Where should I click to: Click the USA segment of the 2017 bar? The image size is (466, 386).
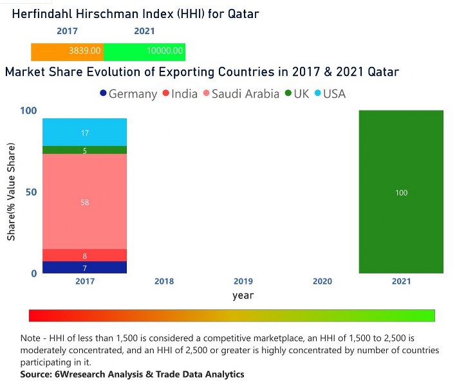click(84, 133)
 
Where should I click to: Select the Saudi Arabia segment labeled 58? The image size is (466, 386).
click(84, 202)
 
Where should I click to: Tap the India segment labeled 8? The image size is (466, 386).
click(84, 255)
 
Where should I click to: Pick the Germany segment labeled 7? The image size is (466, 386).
click(84, 268)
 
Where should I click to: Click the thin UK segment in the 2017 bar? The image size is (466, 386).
click(84, 151)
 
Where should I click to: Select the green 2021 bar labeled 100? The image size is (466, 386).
click(401, 192)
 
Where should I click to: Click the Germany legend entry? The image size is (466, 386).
click(129, 94)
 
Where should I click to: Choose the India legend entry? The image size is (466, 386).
click(180, 94)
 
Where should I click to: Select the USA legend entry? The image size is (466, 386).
click(329, 94)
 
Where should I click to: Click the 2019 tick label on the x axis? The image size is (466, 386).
click(243, 281)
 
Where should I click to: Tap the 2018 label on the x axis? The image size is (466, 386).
click(163, 281)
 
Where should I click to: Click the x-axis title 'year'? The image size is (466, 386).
click(243, 296)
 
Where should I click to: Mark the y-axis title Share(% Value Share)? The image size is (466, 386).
click(12, 192)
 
